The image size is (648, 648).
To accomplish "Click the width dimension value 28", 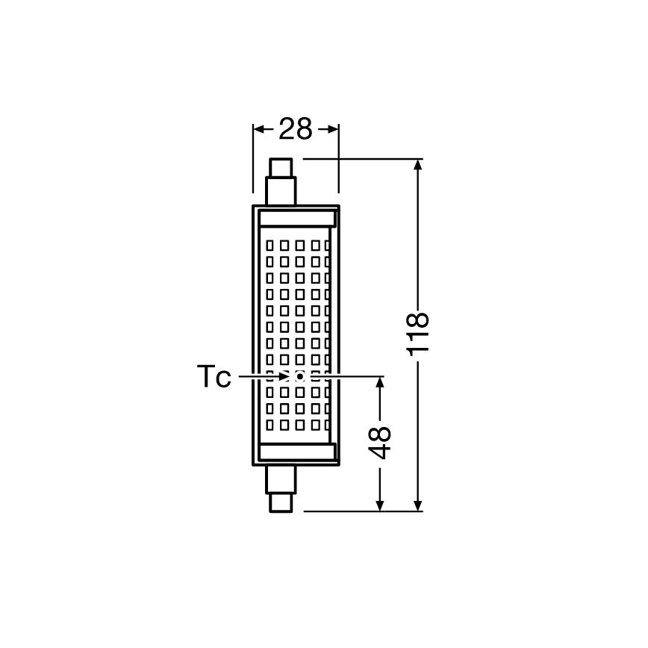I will [295, 129].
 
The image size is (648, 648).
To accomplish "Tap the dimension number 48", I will [381, 443].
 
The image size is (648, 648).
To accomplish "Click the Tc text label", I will [213, 377].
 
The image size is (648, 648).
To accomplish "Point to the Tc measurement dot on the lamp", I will [299, 376].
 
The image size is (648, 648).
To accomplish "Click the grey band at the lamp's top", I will [296, 219].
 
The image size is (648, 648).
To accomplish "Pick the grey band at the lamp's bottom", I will [296, 452].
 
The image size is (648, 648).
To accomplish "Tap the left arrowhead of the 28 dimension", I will [259, 129].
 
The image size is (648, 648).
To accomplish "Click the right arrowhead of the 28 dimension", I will [334, 129].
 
